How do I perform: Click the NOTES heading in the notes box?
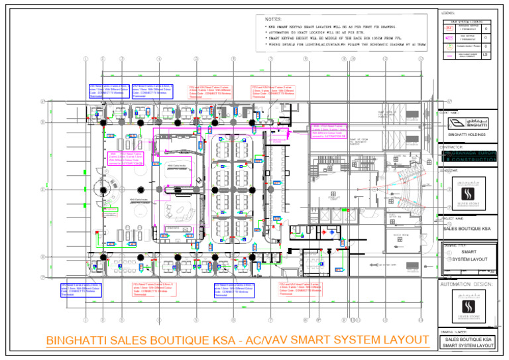point(273,20)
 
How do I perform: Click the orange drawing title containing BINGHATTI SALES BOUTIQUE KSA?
point(237,340)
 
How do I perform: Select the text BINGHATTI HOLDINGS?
point(466,135)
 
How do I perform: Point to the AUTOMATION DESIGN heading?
point(467,284)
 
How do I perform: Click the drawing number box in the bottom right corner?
point(469,342)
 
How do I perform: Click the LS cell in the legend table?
point(486,55)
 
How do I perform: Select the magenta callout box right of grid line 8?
point(329,131)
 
